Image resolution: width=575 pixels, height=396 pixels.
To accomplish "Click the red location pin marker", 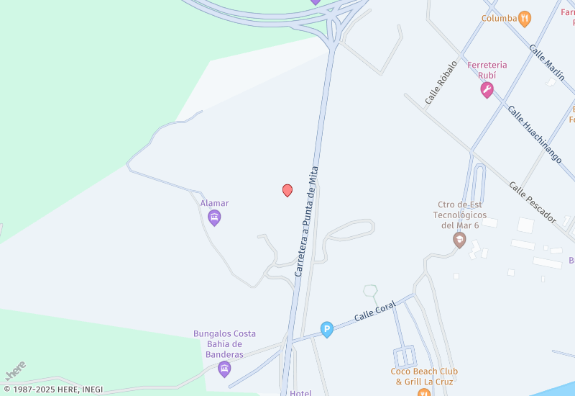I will click(x=287, y=190).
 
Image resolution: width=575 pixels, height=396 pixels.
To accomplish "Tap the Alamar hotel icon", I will click(x=214, y=217).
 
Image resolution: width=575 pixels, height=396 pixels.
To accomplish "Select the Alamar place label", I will click(x=214, y=203).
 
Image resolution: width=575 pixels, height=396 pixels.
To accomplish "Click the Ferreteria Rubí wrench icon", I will click(x=487, y=90).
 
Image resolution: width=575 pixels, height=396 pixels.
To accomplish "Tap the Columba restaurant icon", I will click(x=525, y=19).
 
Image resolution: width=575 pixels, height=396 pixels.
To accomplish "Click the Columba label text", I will click(x=499, y=19).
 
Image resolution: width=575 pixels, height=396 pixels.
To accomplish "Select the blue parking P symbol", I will click(x=327, y=330).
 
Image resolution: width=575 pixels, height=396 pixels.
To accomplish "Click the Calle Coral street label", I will click(x=375, y=312).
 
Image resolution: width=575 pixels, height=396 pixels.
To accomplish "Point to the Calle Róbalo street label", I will click(x=441, y=83).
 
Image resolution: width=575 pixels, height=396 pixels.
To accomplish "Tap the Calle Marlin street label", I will click(x=547, y=63).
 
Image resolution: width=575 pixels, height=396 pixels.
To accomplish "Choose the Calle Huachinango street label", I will click(x=535, y=135).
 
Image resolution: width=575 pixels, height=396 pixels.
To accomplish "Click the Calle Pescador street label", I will click(x=533, y=201).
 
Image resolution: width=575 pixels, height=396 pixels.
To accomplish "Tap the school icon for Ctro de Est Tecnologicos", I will click(x=459, y=240).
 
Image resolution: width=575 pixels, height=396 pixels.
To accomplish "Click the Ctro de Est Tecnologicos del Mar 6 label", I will click(x=460, y=215).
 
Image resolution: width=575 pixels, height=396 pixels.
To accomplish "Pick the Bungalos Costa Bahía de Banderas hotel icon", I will click(x=224, y=369).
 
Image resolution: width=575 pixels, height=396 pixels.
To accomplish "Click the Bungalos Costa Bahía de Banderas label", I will click(x=224, y=344).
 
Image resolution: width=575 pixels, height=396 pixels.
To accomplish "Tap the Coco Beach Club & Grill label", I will click(x=424, y=377).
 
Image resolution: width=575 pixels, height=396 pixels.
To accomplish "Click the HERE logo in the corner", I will click(x=16, y=370).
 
